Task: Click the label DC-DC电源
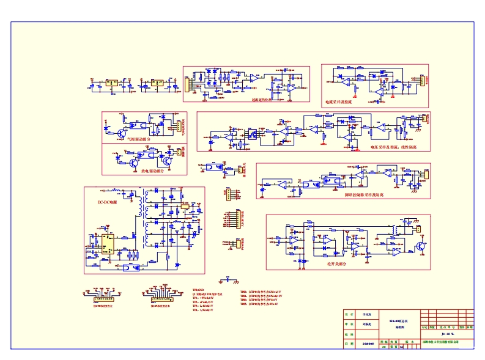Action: click(x=108, y=202)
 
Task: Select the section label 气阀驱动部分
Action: click(x=138, y=139)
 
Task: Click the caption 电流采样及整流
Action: click(x=339, y=101)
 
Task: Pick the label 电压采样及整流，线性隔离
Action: click(x=394, y=147)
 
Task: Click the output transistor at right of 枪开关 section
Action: click(x=421, y=246)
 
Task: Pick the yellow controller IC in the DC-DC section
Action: click(x=108, y=243)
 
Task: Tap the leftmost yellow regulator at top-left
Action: click(x=112, y=84)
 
